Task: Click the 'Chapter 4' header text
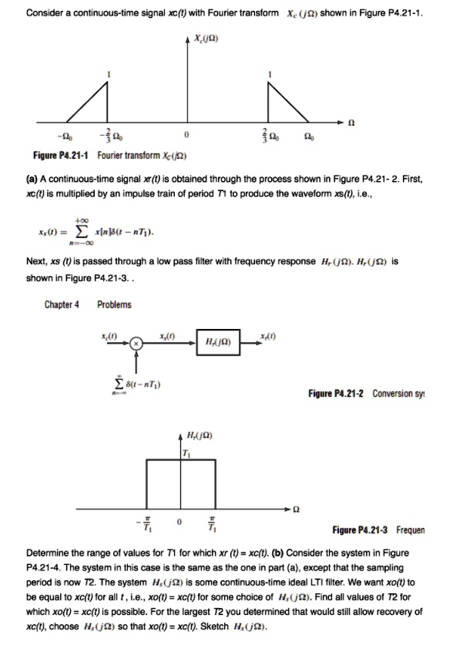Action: (61, 304)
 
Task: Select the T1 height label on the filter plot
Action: (185, 452)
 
